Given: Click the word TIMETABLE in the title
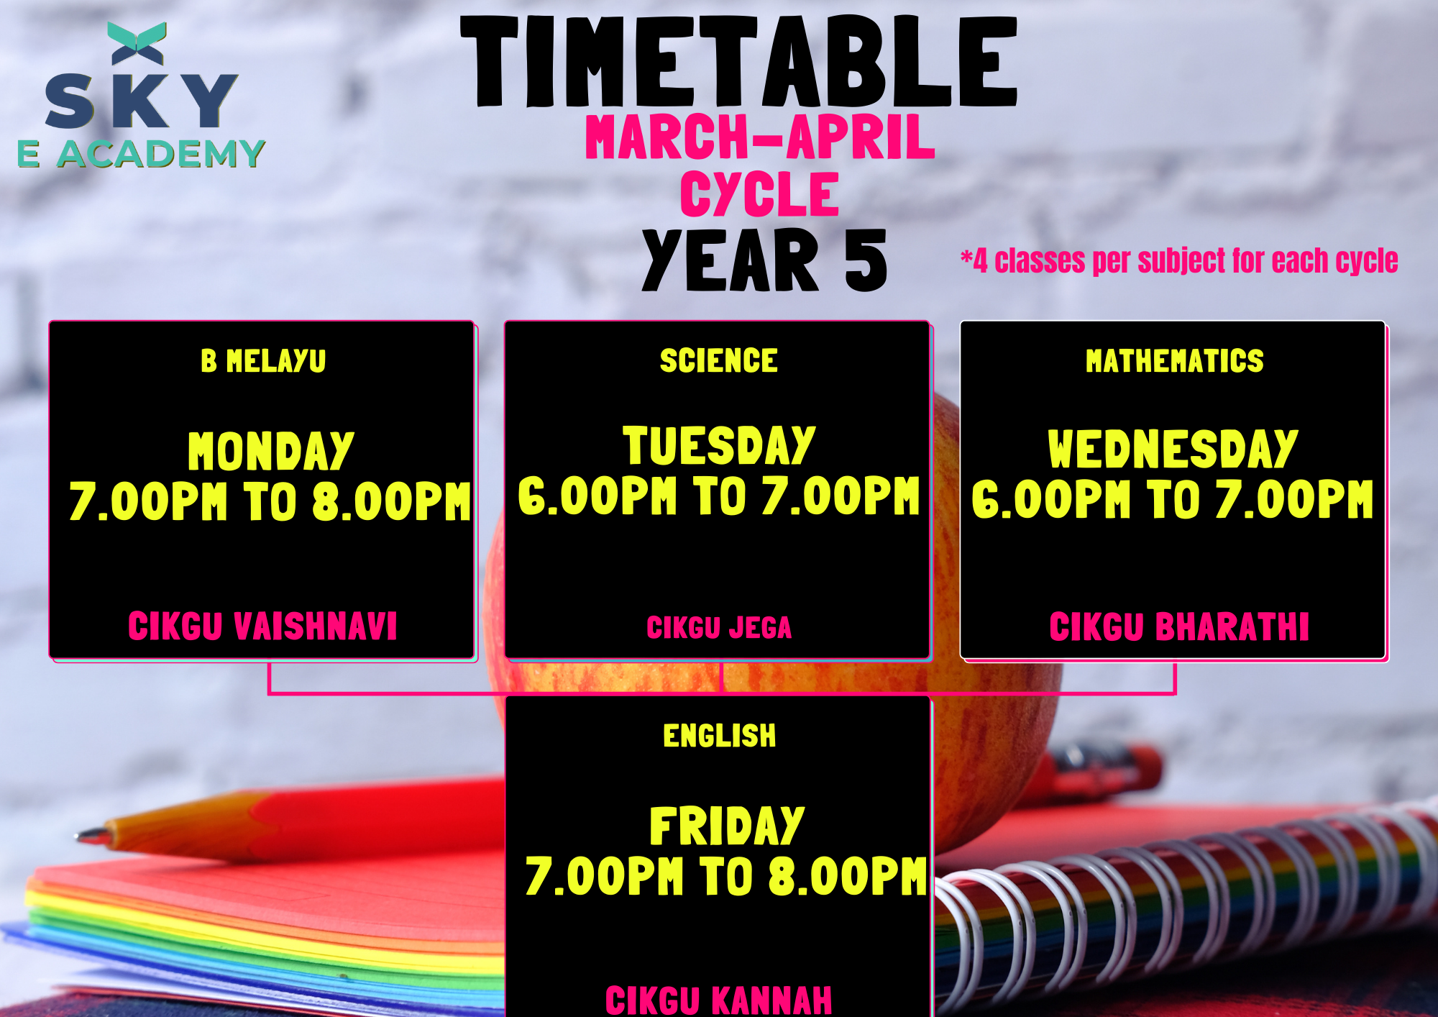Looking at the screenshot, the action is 739,62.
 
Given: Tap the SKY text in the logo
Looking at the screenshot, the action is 142,101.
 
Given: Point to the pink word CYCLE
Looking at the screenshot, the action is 760,193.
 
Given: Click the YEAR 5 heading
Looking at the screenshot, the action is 764,260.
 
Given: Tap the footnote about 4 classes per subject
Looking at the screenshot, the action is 1179,260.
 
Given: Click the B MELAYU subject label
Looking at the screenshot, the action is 263,361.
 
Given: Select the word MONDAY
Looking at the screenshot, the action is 271,451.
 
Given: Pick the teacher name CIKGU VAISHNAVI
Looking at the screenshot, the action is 262,626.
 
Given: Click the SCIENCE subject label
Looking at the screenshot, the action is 719,360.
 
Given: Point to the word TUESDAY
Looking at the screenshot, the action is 719,445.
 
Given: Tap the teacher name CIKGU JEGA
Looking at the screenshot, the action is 719,628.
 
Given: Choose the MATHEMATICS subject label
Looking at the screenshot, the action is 1175,361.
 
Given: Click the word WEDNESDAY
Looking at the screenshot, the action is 1173,449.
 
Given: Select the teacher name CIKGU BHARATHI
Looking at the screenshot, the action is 1179,626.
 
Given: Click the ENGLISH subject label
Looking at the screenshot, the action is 720,736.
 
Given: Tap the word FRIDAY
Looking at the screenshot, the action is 727,826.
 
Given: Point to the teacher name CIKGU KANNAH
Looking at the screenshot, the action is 719,1000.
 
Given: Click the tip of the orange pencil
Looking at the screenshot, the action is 78,836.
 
